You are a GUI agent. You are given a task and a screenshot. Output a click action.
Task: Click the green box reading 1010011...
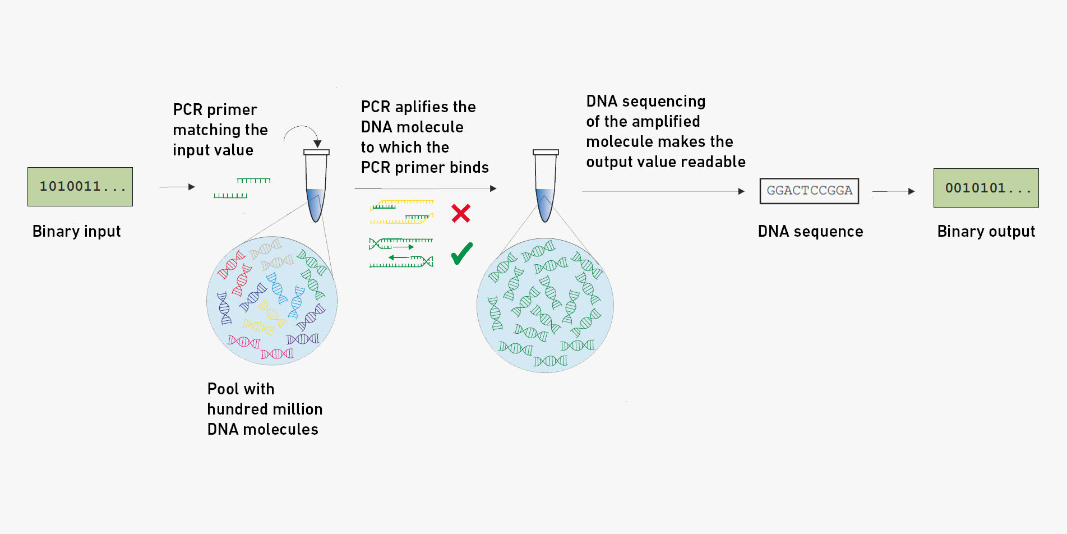[80, 187]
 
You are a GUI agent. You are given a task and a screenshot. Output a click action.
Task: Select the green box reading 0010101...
[986, 188]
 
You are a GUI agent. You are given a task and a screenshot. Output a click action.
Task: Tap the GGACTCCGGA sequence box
[809, 191]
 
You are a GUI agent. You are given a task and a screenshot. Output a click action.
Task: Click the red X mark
[461, 213]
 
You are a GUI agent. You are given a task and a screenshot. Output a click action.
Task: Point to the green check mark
[462, 254]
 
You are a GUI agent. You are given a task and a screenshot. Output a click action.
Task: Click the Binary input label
[77, 231]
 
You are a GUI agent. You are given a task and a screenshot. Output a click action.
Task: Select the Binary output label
[986, 231]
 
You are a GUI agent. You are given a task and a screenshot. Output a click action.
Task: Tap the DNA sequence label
[810, 231]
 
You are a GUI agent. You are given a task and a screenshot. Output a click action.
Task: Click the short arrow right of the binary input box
[177, 187]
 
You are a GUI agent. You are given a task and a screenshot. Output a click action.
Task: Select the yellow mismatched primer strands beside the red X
[401, 212]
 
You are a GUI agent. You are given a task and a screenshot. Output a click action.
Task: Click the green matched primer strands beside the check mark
[401, 253]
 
